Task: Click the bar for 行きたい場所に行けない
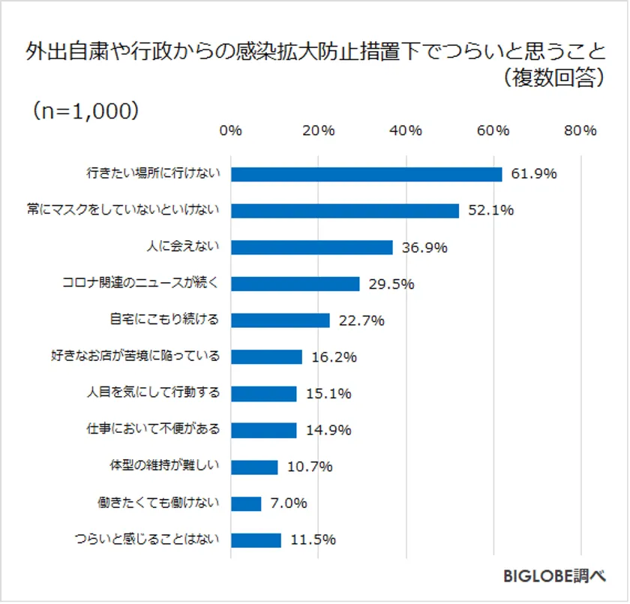(x=366, y=174)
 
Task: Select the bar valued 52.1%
(x=345, y=211)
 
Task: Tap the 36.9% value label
(x=424, y=248)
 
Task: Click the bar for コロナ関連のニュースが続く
(x=295, y=284)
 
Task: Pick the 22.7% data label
(x=361, y=320)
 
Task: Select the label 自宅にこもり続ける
(x=165, y=320)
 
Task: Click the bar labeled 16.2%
(x=266, y=357)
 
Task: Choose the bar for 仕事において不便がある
(x=263, y=430)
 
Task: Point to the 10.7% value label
(x=310, y=467)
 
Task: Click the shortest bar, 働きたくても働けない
(x=246, y=503)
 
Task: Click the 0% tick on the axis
(x=230, y=131)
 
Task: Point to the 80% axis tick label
(x=580, y=131)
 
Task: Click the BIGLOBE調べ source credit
(x=554, y=576)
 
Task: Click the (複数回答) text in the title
(x=554, y=79)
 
